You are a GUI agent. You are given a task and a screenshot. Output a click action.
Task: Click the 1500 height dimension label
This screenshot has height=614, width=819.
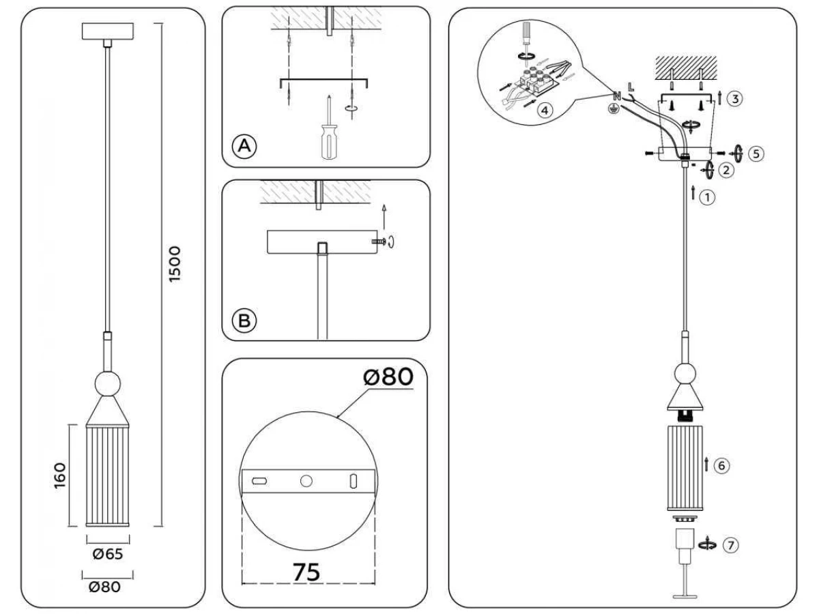point(175,264)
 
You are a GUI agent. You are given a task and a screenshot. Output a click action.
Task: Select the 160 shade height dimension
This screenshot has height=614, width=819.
point(59,476)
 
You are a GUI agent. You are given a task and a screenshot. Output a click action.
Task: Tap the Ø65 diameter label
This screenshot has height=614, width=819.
point(107,554)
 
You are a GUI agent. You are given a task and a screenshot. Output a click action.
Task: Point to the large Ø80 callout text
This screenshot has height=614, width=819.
point(388,377)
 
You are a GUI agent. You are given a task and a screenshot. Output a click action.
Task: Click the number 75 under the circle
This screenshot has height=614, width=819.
point(306,572)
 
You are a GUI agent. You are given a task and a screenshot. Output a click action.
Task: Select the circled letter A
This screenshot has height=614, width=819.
point(244,146)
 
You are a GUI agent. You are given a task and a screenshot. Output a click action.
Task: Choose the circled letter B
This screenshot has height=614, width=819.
point(244,321)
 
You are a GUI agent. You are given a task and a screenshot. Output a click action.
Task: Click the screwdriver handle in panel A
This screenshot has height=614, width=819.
point(329,142)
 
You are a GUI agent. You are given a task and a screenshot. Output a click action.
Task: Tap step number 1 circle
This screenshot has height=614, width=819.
point(707,197)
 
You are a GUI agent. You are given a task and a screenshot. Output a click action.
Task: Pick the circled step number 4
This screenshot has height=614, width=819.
point(545,111)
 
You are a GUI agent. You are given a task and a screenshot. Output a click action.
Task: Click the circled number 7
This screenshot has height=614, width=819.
point(730,545)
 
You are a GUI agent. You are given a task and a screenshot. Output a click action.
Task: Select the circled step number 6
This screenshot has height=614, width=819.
point(721,466)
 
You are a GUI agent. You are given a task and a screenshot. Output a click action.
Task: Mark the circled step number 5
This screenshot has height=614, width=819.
point(756,153)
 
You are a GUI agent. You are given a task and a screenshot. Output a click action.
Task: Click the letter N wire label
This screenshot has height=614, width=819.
point(617,96)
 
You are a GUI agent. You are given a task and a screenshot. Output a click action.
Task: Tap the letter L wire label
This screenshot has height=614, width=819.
point(631,87)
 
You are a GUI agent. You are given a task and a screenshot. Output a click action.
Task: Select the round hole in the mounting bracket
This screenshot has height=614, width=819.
point(306,481)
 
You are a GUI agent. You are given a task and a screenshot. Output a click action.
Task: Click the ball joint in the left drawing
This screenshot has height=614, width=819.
point(107,383)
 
